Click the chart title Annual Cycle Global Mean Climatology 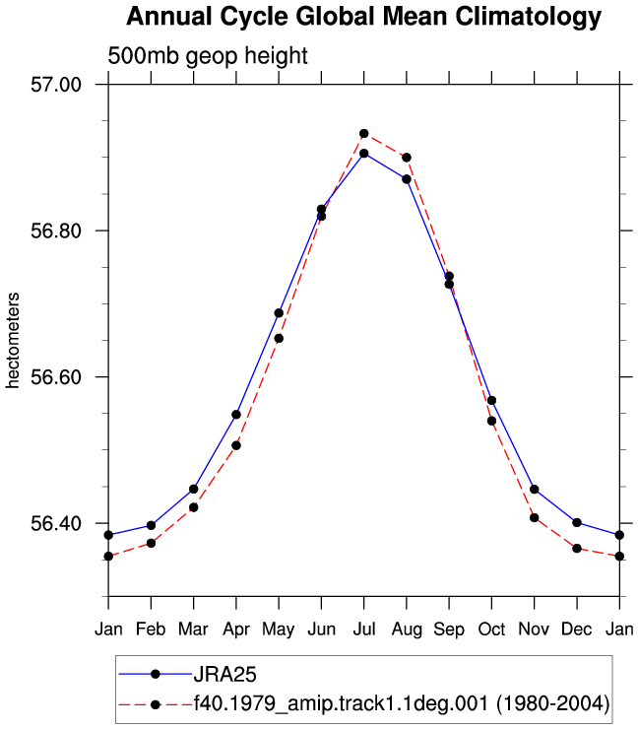pyautogui.click(x=364, y=17)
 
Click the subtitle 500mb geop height pyautogui.click(x=208, y=56)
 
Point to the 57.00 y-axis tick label pyautogui.click(x=56, y=85)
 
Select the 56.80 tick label pyautogui.click(x=56, y=231)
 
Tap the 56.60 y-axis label pyautogui.click(x=56, y=376)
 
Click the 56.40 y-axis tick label pyautogui.click(x=56, y=523)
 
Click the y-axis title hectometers pyautogui.click(x=13, y=340)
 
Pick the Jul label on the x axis pyautogui.click(x=364, y=630)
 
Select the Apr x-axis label pyautogui.click(x=236, y=630)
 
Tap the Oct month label pyautogui.click(x=491, y=630)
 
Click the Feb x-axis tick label pyautogui.click(x=151, y=630)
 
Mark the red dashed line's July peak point pyautogui.click(x=364, y=134)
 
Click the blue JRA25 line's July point pyautogui.click(x=364, y=154)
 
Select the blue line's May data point pyautogui.click(x=279, y=313)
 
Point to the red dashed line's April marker pyautogui.click(x=236, y=445)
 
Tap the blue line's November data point pyautogui.click(x=535, y=490)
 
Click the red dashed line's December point pyautogui.click(x=577, y=549)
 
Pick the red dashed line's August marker pyautogui.click(x=407, y=158)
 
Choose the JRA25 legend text pyautogui.click(x=224, y=674)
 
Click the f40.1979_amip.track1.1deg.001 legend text pyautogui.click(x=341, y=704)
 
